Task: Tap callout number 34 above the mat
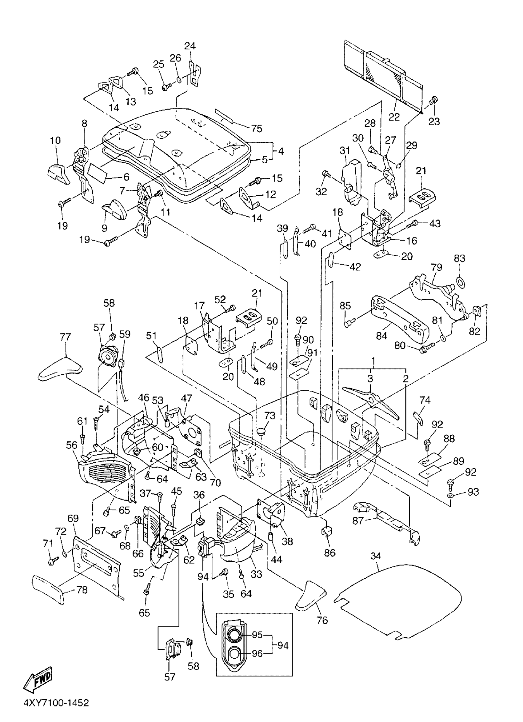[376, 556]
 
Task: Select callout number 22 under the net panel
[394, 117]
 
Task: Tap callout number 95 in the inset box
[257, 635]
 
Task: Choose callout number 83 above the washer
[460, 258]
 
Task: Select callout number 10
[55, 140]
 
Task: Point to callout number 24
[190, 46]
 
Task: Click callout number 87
[358, 521]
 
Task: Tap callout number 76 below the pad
[322, 620]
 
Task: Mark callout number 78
[82, 590]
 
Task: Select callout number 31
[345, 150]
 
